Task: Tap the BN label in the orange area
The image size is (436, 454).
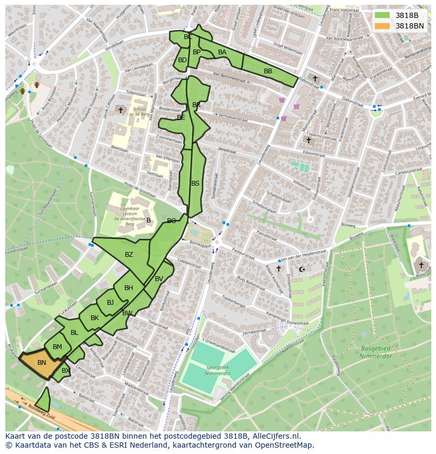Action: pyautogui.click(x=42, y=362)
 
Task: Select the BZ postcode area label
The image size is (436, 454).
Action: pyautogui.click(x=129, y=255)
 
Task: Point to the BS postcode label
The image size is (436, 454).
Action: pyautogui.click(x=195, y=183)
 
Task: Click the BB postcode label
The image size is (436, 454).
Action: pyautogui.click(x=268, y=71)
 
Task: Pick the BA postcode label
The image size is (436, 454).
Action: pyautogui.click(x=222, y=52)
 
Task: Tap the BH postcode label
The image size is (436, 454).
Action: pyautogui.click(x=128, y=288)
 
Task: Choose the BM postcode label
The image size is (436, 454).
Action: pyautogui.click(x=57, y=346)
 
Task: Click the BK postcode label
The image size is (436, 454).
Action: pyautogui.click(x=95, y=318)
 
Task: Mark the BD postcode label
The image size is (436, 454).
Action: pyautogui.click(x=182, y=60)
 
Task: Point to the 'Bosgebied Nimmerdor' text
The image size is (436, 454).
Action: pyautogui.click(x=376, y=352)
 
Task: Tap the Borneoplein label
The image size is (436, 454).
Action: pyautogui.click(x=200, y=246)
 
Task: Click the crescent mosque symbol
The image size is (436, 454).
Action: pyautogui.click(x=302, y=269)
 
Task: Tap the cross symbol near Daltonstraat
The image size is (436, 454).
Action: pyautogui.click(x=315, y=79)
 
